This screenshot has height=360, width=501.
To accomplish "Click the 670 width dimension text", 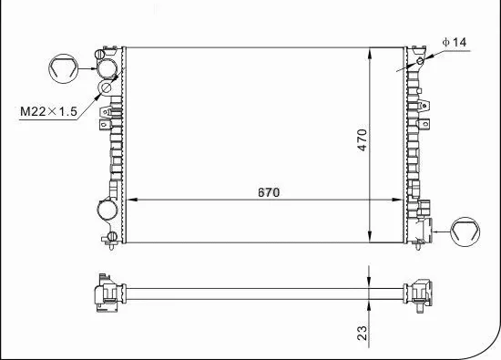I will tap(267, 192).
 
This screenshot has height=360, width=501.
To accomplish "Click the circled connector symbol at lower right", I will tap(467, 232).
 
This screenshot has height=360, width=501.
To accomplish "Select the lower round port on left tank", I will tap(107, 212).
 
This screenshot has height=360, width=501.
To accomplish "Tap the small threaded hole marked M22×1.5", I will tap(106, 89).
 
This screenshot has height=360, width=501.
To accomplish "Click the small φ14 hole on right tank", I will tap(419, 62).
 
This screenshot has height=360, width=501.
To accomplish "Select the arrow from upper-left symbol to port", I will tap(88, 67).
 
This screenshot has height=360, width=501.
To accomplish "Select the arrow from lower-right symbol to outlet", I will tap(442, 232).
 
